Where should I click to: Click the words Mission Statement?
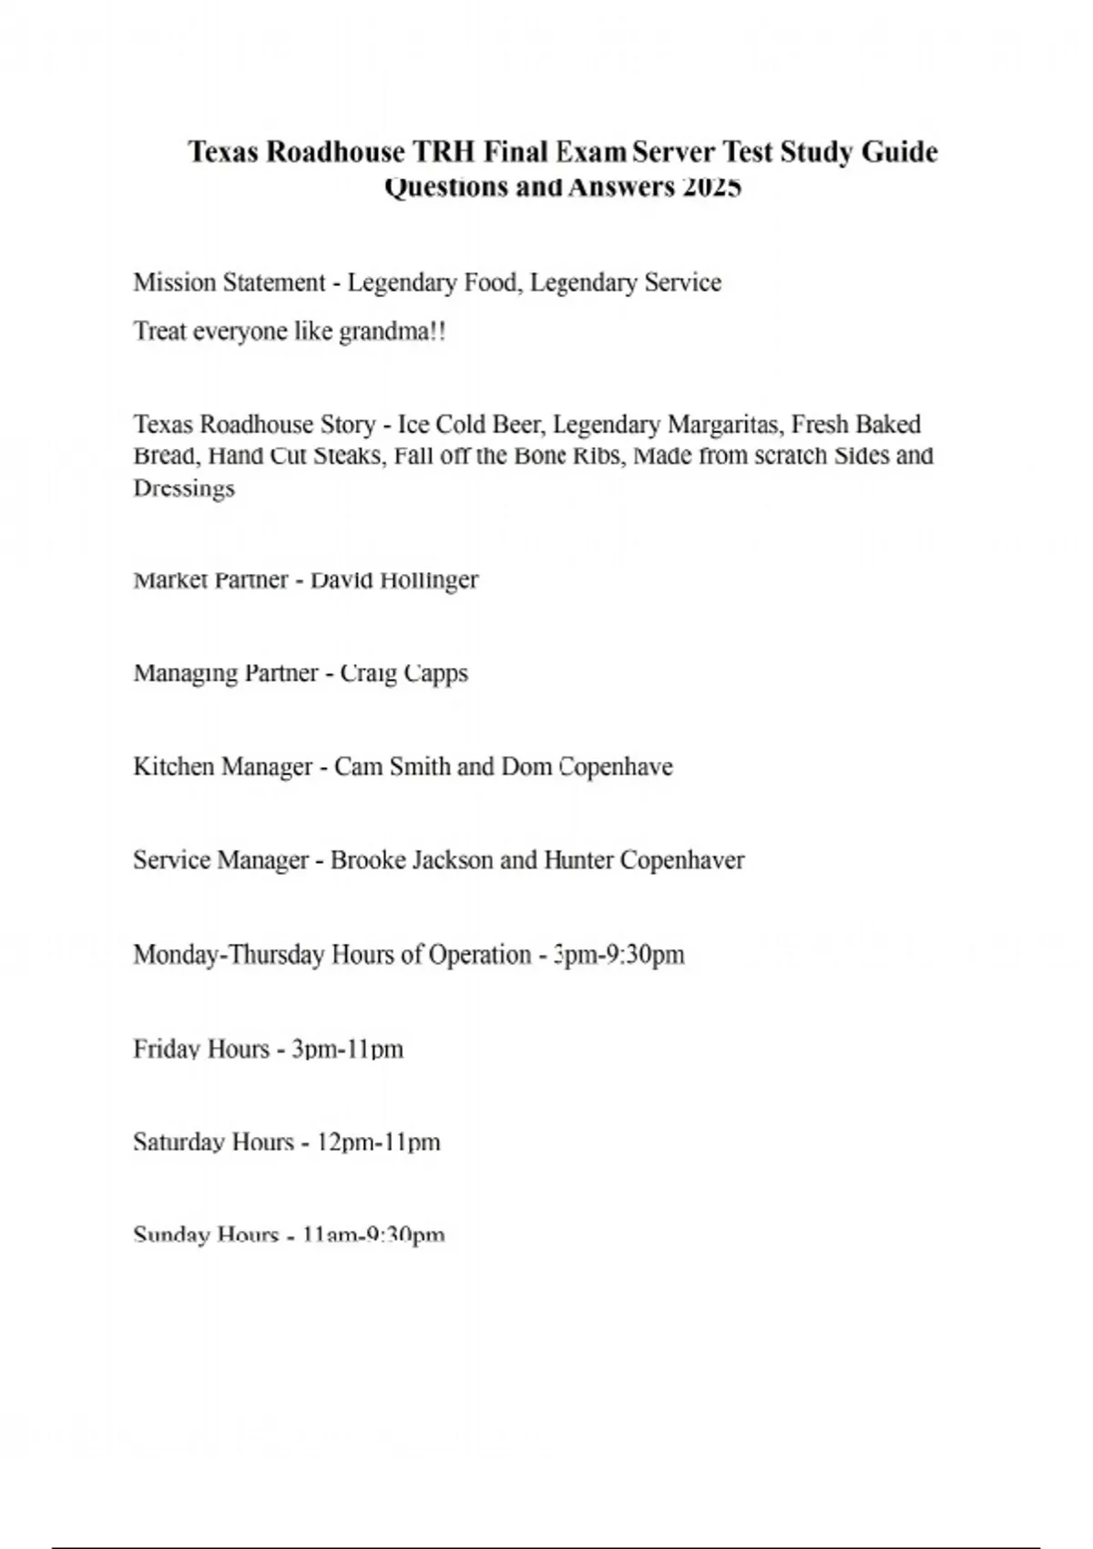click(x=229, y=282)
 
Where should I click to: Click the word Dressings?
click(x=184, y=488)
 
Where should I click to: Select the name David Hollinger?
click(x=394, y=580)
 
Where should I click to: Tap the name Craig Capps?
click(x=403, y=673)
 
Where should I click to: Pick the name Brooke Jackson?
click(x=412, y=860)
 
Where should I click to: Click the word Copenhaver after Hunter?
click(x=682, y=860)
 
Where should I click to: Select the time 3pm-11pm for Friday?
click(x=347, y=1049)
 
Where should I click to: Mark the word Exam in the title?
click(x=591, y=151)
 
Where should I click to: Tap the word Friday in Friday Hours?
click(x=167, y=1049)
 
